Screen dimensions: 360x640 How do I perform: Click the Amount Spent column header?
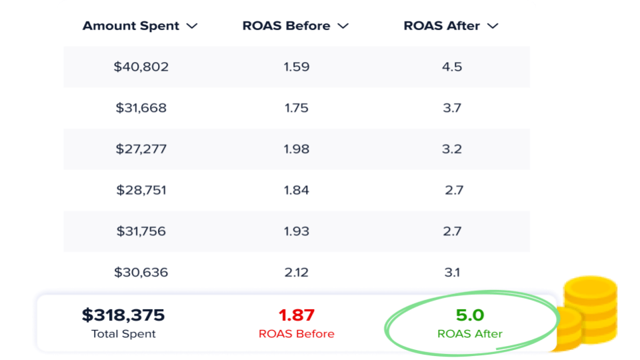(x=131, y=26)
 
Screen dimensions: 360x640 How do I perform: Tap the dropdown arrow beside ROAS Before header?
(x=343, y=26)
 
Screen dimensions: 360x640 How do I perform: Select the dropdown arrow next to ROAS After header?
(x=493, y=26)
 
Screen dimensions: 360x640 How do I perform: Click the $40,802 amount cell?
(x=141, y=67)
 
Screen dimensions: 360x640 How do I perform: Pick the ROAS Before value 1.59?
(x=296, y=67)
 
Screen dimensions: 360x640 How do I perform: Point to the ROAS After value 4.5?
(x=452, y=67)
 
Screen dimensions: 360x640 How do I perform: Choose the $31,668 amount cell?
(x=141, y=108)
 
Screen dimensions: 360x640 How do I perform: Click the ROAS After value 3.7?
(x=452, y=108)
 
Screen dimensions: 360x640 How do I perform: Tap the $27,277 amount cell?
(x=141, y=149)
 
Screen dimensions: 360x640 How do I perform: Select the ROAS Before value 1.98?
(x=296, y=149)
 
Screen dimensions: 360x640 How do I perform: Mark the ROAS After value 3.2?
(x=452, y=149)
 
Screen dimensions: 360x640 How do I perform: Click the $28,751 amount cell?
(x=141, y=190)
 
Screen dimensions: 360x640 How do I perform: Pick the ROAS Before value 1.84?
(x=296, y=190)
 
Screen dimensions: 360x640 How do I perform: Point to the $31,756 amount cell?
(x=141, y=231)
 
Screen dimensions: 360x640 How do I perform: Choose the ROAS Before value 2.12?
(x=296, y=272)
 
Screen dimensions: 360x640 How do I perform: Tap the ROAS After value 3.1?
(x=452, y=272)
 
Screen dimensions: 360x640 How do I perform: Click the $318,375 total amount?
(x=123, y=315)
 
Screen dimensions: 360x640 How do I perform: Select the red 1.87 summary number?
(x=296, y=315)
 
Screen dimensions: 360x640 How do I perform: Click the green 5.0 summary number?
(x=469, y=315)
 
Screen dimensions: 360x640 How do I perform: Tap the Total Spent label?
(x=123, y=333)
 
